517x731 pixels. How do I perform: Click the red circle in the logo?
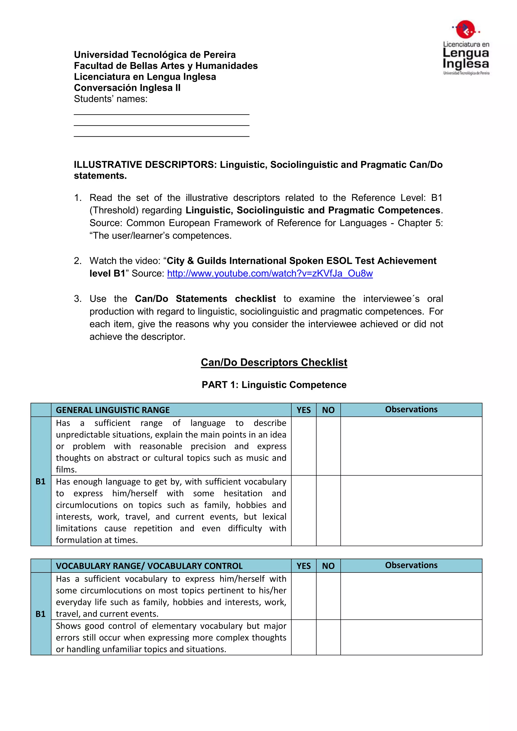[466, 29]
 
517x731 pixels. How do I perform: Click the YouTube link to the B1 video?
[270, 273]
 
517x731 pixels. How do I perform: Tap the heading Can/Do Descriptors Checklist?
[274, 362]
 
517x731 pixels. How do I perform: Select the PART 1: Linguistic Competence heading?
[274, 385]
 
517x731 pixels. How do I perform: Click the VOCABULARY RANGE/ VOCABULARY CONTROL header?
[149, 566]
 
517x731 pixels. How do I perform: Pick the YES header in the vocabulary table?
[303, 566]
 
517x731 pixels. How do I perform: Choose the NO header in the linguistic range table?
[328, 410]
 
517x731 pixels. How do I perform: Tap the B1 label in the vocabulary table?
[40, 614]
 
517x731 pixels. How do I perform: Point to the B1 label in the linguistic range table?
[40, 481]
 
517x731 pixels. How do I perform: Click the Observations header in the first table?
[411, 409]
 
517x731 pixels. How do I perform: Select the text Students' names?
[111, 99]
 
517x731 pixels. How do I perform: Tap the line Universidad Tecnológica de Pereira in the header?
[155, 55]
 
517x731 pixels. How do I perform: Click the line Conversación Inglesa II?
[127, 88]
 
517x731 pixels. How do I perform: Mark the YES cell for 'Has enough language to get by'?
[303, 510]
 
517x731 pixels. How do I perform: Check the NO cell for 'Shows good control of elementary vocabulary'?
[328, 637]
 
